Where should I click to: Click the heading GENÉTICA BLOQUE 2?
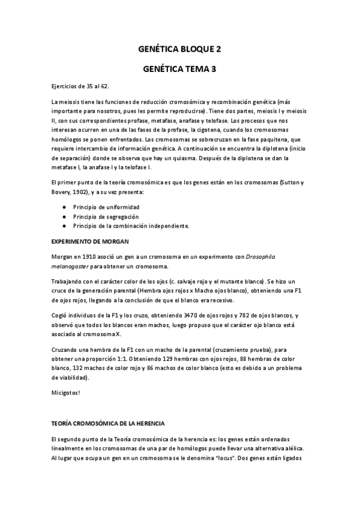pyautogui.click(x=179, y=49)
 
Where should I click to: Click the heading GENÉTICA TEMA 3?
pyautogui.click(x=179, y=69)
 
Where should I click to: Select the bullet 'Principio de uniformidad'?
pyautogui.click(x=106, y=206)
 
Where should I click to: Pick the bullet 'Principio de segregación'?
pyautogui.click(x=106, y=216)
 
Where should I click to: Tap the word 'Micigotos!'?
pyautogui.click(x=66, y=393)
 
